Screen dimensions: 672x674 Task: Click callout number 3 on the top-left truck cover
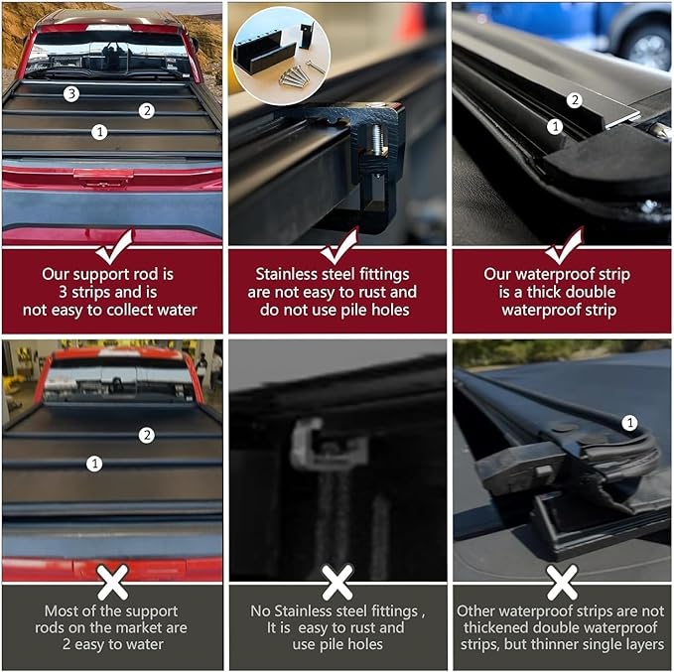point(70,94)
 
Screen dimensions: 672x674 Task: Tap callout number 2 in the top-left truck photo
point(147,110)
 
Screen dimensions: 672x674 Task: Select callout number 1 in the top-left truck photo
point(98,131)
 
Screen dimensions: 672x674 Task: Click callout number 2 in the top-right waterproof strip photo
point(573,100)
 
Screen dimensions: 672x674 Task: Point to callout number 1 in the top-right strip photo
point(555,126)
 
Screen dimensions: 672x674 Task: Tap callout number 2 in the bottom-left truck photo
point(147,435)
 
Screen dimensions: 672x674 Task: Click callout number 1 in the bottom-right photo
point(628,423)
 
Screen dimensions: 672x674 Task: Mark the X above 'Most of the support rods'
point(112,582)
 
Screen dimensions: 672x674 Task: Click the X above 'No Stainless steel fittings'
point(337,582)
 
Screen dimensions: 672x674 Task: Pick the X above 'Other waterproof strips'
point(562,582)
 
